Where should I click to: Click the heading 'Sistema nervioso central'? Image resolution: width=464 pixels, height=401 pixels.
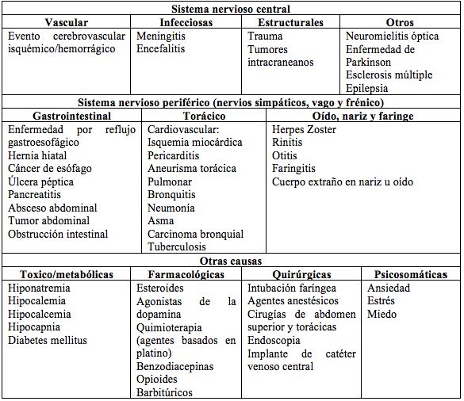click(x=232, y=9)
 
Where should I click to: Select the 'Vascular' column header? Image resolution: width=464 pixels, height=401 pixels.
click(x=67, y=23)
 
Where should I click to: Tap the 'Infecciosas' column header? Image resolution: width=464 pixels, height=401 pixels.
click(x=186, y=23)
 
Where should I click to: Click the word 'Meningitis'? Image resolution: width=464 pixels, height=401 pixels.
click(x=163, y=36)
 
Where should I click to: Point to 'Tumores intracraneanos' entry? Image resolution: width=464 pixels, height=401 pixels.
click(x=280, y=55)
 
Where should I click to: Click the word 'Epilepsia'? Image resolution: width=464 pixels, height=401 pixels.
click(x=367, y=88)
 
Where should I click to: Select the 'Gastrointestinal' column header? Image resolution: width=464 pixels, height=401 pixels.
click(x=73, y=116)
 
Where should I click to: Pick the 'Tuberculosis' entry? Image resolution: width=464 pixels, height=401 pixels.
click(x=178, y=246)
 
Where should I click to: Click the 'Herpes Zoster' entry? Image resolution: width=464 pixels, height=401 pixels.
click(x=305, y=129)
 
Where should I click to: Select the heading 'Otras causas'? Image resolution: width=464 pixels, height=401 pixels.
click(x=232, y=261)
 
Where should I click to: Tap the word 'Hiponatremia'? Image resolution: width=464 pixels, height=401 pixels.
click(x=40, y=288)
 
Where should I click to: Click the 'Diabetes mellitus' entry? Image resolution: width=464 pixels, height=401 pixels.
click(x=49, y=341)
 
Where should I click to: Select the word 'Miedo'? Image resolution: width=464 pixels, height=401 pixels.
click(x=382, y=315)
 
